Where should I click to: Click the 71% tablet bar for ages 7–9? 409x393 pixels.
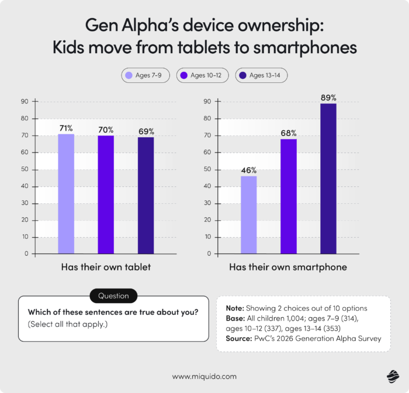coord(66,194)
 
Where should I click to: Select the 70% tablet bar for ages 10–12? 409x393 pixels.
coord(106,194)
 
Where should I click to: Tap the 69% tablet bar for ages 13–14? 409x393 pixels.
coord(145,195)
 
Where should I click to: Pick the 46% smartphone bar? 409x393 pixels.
coord(248,215)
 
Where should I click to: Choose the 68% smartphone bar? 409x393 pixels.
coord(289,196)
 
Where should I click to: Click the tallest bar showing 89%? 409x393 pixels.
coord(328,178)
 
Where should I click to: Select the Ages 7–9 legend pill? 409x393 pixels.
coord(143,75)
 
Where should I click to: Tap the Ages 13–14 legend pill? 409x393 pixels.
coord(261,75)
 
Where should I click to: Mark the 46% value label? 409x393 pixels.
coord(248,170)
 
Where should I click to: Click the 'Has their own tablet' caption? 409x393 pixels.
coord(106,267)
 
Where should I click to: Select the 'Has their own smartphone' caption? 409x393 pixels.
coord(288,267)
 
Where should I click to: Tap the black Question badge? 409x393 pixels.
coord(113,295)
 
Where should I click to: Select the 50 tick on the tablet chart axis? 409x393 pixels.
coord(25,170)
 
